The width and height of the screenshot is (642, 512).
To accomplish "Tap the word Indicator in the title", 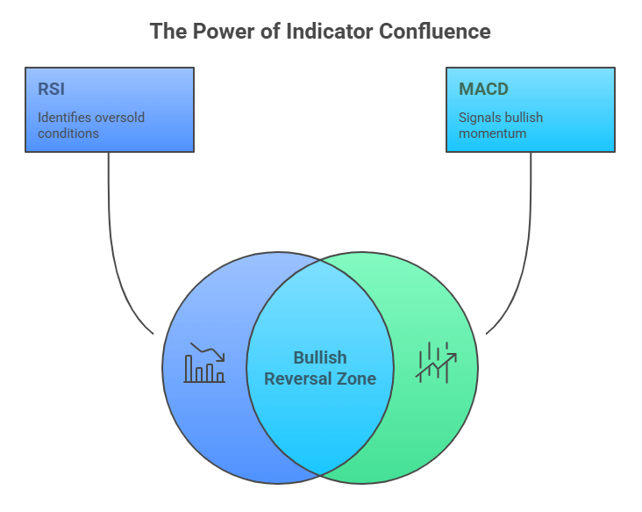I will [327, 32].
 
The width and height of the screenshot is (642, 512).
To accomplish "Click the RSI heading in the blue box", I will [52, 90].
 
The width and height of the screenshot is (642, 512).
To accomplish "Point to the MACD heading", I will [483, 90].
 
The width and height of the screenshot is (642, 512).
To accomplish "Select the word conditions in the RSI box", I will [68, 133].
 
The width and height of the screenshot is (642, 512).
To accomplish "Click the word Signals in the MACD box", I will [479, 118].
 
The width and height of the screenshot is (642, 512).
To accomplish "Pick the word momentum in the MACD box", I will [491, 133].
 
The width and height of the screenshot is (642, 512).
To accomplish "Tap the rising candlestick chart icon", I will [436, 362].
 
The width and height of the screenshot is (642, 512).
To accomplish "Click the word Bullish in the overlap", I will [320, 358].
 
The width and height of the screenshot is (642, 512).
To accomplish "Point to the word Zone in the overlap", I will [359, 379].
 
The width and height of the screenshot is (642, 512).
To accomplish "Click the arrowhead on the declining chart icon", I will [221, 357].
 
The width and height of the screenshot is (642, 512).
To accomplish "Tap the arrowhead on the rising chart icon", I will [453, 356].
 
